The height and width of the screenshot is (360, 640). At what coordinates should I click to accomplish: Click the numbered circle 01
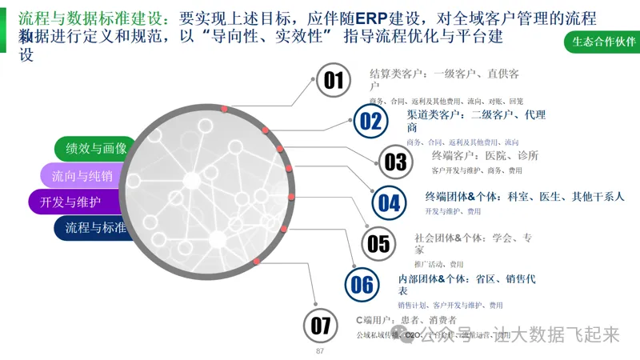[334, 80]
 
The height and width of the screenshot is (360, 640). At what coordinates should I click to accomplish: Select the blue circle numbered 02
[370, 121]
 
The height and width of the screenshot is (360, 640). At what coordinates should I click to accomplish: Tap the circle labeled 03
[395, 162]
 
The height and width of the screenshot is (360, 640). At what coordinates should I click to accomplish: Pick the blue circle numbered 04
[390, 202]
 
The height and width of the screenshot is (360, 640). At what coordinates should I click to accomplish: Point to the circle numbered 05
[378, 243]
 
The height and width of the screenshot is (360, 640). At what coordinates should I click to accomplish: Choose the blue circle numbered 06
[362, 284]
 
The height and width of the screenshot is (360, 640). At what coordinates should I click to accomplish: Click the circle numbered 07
[321, 326]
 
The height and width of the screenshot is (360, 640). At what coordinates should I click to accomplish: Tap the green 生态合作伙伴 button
[601, 42]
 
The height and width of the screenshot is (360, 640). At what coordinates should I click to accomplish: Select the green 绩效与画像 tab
[95, 149]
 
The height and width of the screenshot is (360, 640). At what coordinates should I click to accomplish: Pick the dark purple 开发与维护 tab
[70, 202]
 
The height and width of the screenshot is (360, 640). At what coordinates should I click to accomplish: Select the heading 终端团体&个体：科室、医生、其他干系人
[524, 196]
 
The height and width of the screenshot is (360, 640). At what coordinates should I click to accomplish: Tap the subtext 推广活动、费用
[438, 263]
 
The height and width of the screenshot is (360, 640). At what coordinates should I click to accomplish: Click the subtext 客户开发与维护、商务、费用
[476, 170]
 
